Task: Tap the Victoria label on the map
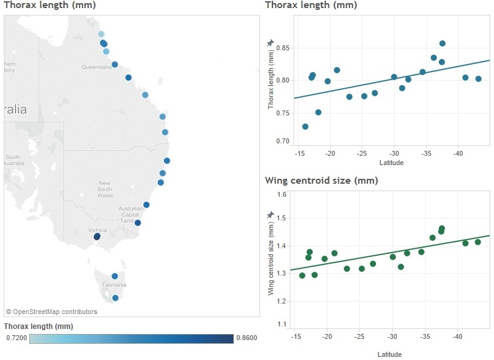[97, 230]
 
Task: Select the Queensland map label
[96, 66]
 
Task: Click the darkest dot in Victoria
[97, 236]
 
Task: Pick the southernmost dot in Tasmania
[115, 298]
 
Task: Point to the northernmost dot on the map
[101, 34]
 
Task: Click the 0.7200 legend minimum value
[16, 338]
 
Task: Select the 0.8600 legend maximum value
[246, 338]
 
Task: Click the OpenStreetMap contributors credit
[52, 312]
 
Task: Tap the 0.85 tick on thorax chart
[282, 48]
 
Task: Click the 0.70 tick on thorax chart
[282, 141]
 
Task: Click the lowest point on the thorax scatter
[305, 126]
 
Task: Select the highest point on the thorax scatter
[442, 43]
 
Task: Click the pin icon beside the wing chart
[270, 215]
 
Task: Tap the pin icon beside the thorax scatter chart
[270, 43]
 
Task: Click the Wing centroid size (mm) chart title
[321, 181]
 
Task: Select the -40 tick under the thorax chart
[458, 153]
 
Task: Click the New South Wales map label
[104, 189]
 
